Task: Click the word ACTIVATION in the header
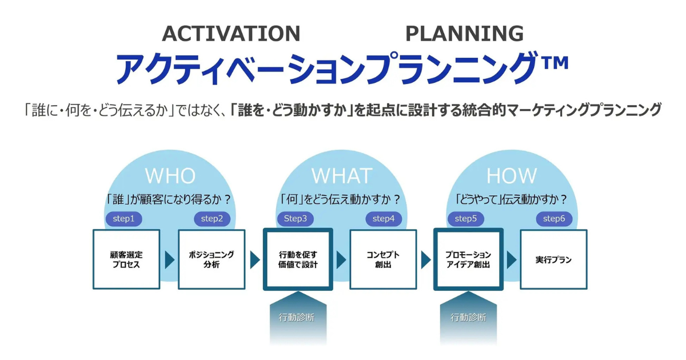point(231,34)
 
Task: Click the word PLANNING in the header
point(464,34)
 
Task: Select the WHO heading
point(170,175)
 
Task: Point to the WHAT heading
point(341,175)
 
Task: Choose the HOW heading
point(512,175)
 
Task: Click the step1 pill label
point(124,218)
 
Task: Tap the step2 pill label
point(212,218)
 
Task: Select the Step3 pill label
point(296,218)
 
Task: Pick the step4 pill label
point(384,218)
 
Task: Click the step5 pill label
point(466,218)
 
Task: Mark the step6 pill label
point(554,218)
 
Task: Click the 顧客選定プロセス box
point(126,259)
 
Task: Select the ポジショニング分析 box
point(212,259)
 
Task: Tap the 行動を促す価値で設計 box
point(298,259)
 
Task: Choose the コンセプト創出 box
point(383,259)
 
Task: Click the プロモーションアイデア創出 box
point(468,259)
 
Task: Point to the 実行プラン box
point(553,259)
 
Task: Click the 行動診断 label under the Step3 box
point(297,317)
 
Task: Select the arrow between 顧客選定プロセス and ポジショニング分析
point(169,260)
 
